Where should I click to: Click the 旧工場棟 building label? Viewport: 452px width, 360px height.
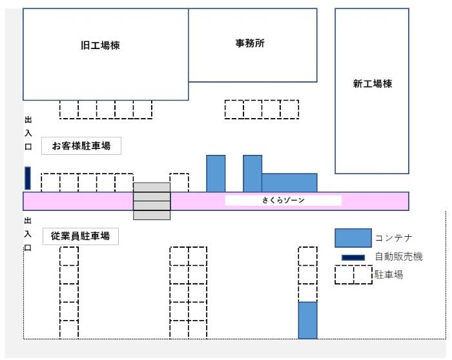100,46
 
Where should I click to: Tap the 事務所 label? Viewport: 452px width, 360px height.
250,44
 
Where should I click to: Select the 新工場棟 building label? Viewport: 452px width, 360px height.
373,84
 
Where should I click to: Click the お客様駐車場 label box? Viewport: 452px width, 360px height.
81,146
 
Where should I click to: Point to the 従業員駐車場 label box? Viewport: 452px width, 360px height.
81,236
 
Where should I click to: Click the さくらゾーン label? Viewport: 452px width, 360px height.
283,201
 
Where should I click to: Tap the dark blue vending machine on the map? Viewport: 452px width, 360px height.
28,178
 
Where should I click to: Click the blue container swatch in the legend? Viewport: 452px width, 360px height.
353,238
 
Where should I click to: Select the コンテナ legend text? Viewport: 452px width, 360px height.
393,239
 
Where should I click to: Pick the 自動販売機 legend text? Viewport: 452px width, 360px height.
398,257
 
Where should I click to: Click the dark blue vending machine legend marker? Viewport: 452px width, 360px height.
353,257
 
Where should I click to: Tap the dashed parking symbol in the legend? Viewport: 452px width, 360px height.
353,275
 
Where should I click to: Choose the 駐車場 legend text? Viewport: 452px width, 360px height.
389,275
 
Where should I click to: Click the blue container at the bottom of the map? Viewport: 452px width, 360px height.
308,320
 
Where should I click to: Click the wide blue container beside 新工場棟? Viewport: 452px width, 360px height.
289,183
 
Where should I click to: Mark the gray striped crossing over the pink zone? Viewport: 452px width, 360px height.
152,201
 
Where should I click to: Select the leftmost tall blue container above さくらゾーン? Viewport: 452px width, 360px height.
216,173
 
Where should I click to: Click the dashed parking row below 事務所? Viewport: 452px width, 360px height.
262,110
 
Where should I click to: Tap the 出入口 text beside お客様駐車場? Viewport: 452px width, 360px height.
28,134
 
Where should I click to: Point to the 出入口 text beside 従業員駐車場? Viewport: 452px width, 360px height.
28,234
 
